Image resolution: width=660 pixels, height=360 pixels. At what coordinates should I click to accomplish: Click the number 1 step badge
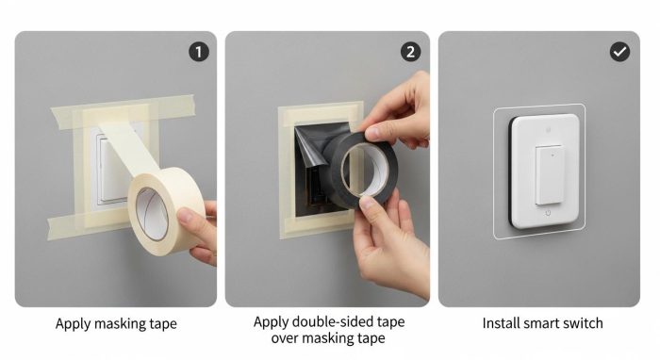[x=199, y=52]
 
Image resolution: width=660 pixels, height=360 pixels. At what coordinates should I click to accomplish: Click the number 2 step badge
[x=410, y=52]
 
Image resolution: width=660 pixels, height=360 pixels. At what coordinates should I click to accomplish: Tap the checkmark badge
[x=620, y=52]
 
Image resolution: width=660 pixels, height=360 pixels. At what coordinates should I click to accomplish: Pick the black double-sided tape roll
[x=361, y=171]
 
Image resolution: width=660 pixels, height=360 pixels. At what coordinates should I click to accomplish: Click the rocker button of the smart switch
[x=549, y=175]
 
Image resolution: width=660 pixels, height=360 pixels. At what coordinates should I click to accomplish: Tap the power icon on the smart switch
[x=548, y=213]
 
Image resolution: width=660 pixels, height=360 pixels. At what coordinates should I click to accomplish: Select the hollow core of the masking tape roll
[x=153, y=214]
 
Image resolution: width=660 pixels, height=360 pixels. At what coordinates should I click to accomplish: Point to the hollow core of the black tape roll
[x=366, y=170]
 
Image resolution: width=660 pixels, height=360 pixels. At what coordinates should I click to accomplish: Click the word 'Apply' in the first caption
[x=73, y=324]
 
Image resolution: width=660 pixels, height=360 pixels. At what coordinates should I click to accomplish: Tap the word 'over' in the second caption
[x=285, y=338]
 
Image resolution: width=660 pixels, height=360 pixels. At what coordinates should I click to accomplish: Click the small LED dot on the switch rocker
[x=553, y=155]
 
